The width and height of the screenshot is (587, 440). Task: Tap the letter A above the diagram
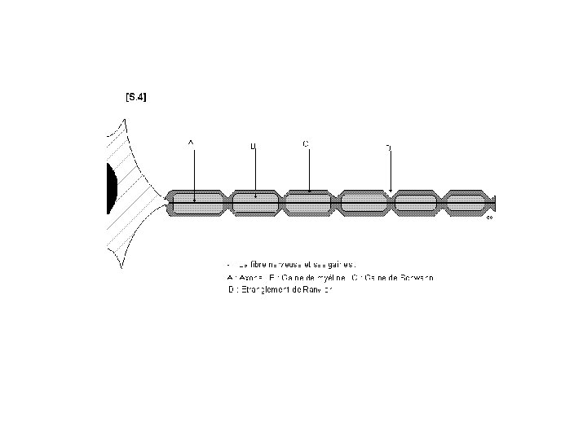click(x=191, y=143)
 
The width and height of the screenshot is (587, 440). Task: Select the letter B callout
click(x=253, y=147)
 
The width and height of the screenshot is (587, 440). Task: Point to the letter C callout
click(x=305, y=143)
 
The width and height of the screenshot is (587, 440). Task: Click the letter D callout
click(x=388, y=147)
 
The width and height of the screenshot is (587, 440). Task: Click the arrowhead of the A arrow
click(x=194, y=198)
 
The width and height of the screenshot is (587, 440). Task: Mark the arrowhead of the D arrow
click(x=391, y=191)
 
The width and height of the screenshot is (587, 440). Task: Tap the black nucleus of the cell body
click(x=111, y=188)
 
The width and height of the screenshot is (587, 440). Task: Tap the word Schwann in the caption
click(x=417, y=278)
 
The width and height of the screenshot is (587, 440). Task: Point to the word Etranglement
click(x=258, y=290)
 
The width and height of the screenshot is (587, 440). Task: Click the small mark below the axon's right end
click(x=489, y=218)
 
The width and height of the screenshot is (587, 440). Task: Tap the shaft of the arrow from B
click(x=256, y=171)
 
